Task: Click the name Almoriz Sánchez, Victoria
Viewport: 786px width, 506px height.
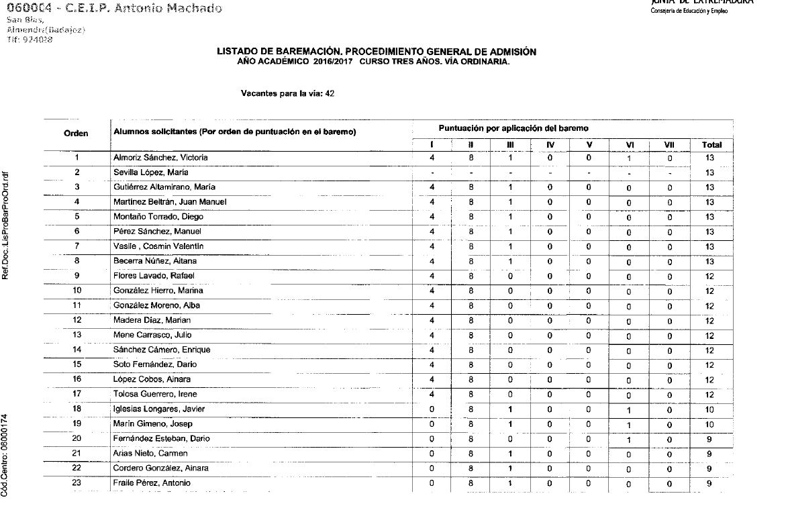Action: [160, 158]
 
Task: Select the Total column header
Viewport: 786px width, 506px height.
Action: [711, 145]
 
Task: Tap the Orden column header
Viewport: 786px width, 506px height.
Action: [77, 134]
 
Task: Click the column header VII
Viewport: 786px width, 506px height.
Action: [669, 145]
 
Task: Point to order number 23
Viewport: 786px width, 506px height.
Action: [77, 483]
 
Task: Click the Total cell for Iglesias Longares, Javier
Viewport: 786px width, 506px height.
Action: [710, 409]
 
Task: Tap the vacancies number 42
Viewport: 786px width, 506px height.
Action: [330, 94]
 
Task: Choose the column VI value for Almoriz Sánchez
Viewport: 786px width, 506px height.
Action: [628, 158]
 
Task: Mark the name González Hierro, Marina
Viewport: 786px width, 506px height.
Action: [158, 291]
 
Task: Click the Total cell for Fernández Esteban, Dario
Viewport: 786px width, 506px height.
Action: [710, 439]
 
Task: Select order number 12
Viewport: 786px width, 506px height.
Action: [77, 320]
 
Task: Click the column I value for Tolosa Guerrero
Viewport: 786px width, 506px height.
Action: [432, 394]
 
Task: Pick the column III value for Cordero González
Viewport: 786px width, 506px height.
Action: [510, 468]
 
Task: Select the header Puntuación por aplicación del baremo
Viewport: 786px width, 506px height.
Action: [514, 128]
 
